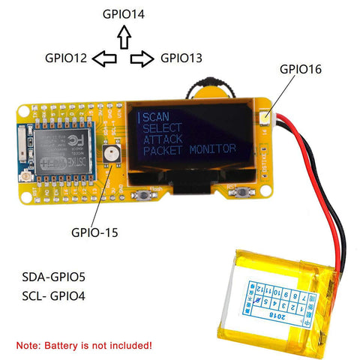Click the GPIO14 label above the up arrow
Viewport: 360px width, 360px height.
[124, 13]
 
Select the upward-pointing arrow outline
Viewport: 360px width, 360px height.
[124, 35]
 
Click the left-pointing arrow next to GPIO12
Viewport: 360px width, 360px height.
[107, 58]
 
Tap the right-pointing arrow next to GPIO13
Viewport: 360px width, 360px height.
[142, 58]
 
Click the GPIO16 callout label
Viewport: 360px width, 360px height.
[300, 69]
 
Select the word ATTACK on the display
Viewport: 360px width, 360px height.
[163, 139]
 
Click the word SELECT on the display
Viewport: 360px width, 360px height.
[162, 127]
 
